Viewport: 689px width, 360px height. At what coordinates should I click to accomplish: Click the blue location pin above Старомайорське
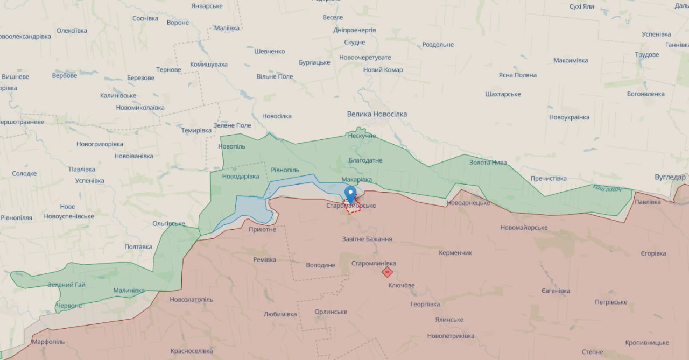tap(350, 193)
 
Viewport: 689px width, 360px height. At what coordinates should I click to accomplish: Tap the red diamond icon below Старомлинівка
tap(387, 272)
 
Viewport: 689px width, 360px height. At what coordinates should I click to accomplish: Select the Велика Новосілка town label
tap(377, 114)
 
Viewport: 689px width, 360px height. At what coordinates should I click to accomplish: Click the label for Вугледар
tap(670, 177)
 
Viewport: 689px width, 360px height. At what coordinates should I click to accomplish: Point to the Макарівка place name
tap(356, 179)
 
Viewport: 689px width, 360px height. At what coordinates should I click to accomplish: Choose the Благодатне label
tap(365, 160)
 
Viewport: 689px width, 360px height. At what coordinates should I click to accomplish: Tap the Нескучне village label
tap(362, 136)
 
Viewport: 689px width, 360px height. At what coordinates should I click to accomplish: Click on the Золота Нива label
tap(488, 162)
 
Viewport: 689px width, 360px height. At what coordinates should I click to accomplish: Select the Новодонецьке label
tap(468, 203)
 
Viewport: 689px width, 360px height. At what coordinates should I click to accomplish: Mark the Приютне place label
tap(262, 229)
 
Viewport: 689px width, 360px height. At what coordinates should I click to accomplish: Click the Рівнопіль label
tap(285, 170)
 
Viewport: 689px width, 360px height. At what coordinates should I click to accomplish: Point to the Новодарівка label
tap(241, 176)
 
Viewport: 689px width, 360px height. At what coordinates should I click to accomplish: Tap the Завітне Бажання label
tap(367, 239)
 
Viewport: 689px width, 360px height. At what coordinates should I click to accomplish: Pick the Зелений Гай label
tap(66, 285)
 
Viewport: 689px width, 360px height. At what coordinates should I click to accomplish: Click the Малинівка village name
tap(129, 290)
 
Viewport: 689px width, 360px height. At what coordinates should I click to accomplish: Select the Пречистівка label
tap(549, 178)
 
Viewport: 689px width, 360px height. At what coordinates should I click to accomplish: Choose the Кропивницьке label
tap(647, 343)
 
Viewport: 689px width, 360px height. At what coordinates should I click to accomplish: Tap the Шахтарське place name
tap(503, 94)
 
